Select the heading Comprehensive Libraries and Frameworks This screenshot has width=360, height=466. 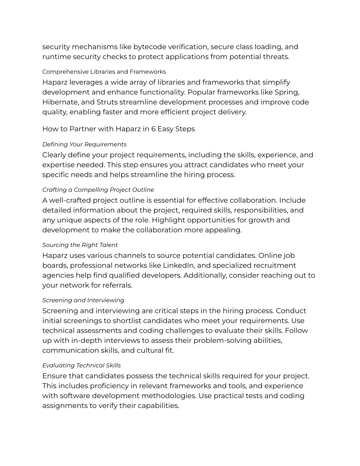[x=104, y=72]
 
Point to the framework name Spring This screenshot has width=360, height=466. [x=287, y=92]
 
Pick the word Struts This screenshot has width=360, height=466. [x=107, y=102]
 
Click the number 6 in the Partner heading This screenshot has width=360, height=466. [x=153, y=129]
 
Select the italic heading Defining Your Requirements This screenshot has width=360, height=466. [x=84, y=144]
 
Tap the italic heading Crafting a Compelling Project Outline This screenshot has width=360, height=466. [x=98, y=190]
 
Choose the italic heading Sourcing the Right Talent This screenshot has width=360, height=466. [x=80, y=245]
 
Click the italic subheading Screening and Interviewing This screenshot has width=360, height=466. [x=83, y=300]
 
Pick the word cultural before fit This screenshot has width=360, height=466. [x=149, y=350]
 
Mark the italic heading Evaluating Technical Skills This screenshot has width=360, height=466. [x=82, y=365]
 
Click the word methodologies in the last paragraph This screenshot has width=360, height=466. [x=169, y=396]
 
